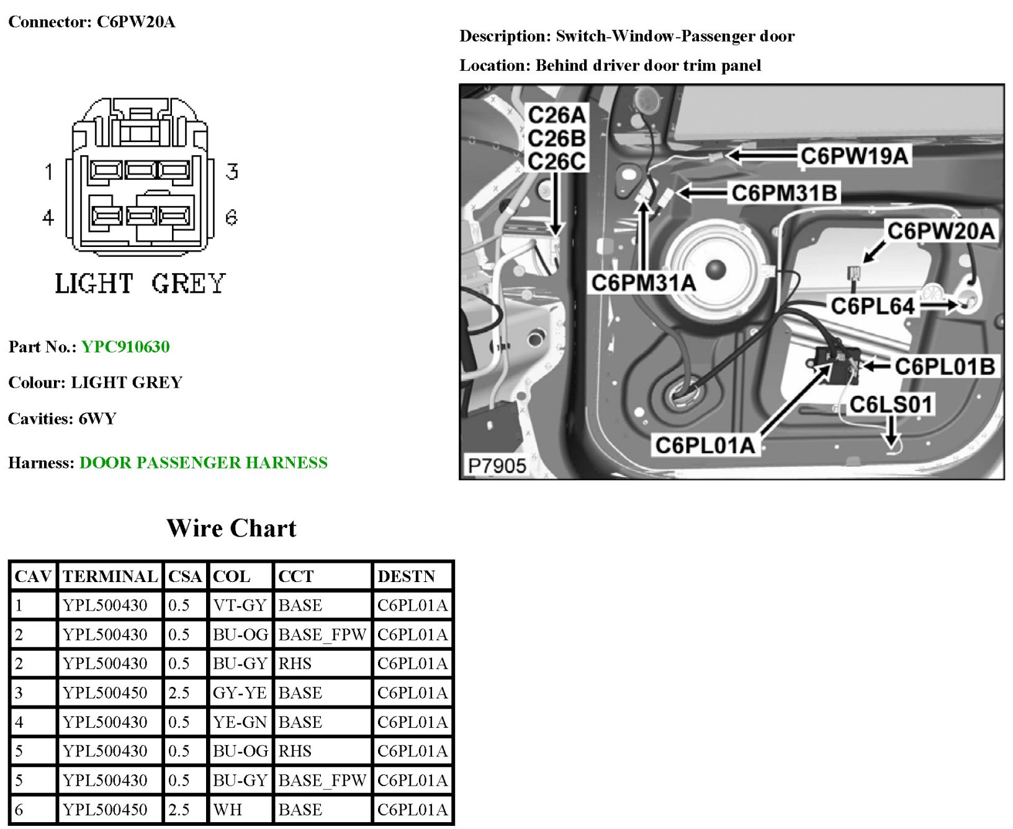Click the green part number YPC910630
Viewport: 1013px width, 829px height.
(125, 346)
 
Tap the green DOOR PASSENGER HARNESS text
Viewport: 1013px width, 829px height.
(203, 462)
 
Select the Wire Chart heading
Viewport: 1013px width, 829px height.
(231, 528)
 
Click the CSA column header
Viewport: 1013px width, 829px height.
(185, 576)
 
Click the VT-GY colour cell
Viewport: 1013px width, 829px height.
(240, 605)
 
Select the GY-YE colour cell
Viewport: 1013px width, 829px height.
(240, 692)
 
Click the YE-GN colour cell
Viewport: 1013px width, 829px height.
(240, 722)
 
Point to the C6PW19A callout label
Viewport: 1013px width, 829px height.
(854, 156)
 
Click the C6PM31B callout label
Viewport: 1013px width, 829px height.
(785, 193)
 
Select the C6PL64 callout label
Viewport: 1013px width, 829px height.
(872, 306)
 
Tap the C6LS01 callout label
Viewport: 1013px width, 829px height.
(891, 405)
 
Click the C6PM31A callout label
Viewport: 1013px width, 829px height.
(643, 283)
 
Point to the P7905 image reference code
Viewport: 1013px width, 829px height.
(497, 465)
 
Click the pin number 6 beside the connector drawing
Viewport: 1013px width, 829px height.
(232, 217)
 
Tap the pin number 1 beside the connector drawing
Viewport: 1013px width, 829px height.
(49, 171)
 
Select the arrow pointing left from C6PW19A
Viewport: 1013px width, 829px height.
(762, 155)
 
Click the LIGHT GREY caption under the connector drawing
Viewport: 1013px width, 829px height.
(140, 284)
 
